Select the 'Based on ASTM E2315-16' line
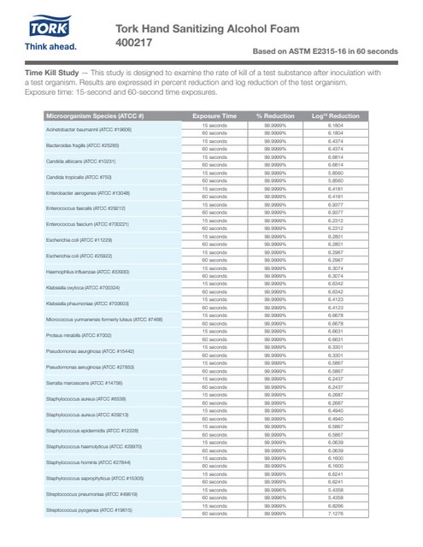pos(323,52)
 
